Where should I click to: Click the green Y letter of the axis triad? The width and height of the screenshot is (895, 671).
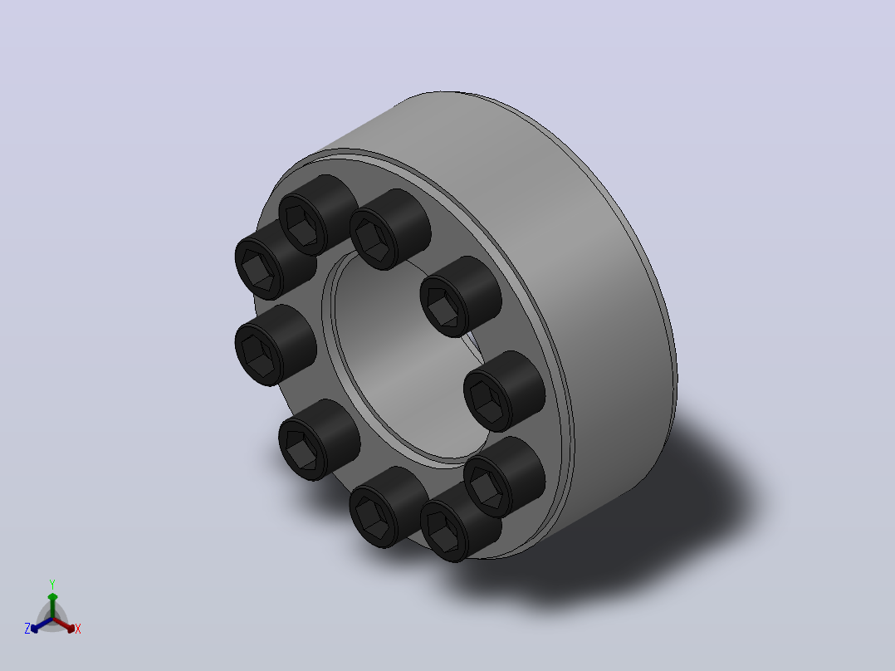point(52,584)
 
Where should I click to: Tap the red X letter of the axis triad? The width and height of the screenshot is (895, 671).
point(78,629)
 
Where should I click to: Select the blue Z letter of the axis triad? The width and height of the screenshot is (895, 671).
point(27,629)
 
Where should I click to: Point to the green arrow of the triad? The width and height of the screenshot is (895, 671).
point(52,605)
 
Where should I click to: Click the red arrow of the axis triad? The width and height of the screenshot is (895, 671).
point(64,624)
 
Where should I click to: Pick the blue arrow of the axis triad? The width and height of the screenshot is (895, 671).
point(42,624)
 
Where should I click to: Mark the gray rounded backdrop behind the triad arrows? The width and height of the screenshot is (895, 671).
point(52,619)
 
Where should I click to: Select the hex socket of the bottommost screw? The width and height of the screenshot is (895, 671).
point(443,531)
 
